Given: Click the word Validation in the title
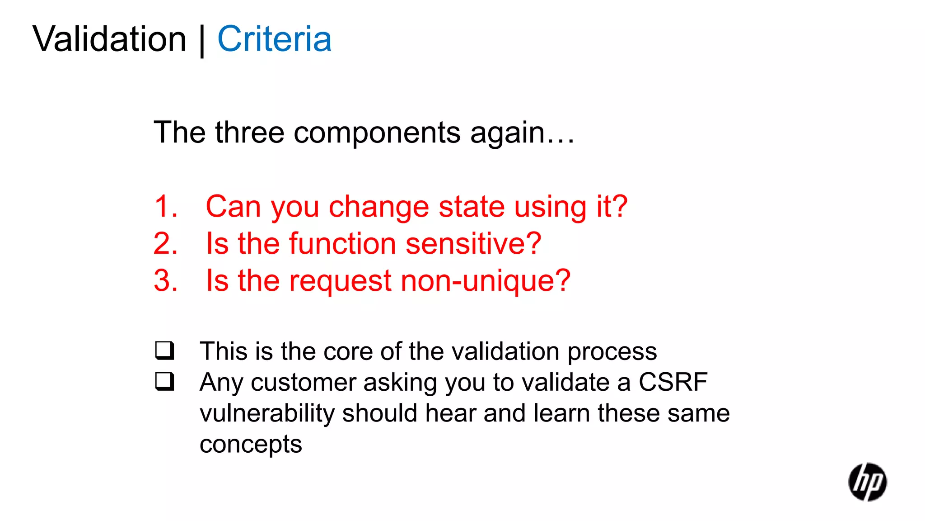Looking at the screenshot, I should [x=109, y=39].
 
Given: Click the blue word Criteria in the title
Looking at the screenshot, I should [x=274, y=39].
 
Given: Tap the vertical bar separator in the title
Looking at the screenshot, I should [x=202, y=41].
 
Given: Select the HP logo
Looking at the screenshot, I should [x=867, y=482].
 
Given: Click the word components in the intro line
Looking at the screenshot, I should [x=377, y=133].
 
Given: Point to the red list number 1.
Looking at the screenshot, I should [x=165, y=207].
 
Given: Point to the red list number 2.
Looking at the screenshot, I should [x=165, y=244].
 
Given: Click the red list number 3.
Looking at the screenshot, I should [x=165, y=281].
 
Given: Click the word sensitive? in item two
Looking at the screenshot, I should [x=473, y=244].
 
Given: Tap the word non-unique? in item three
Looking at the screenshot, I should [x=486, y=281].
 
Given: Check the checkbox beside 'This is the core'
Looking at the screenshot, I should [x=164, y=350].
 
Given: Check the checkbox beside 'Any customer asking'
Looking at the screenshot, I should [x=164, y=381].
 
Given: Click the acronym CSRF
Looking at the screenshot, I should [x=673, y=382].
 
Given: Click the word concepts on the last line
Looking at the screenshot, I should [x=251, y=445].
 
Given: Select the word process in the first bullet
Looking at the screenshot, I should [x=612, y=351].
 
